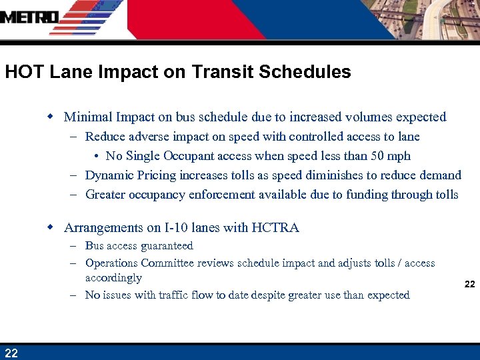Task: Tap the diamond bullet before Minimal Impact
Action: click(49, 117)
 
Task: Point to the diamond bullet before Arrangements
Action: click(49, 227)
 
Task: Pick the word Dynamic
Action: click(109, 175)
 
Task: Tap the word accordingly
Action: click(113, 278)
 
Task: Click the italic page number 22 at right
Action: click(469, 284)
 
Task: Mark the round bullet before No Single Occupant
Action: click(97, 156)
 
